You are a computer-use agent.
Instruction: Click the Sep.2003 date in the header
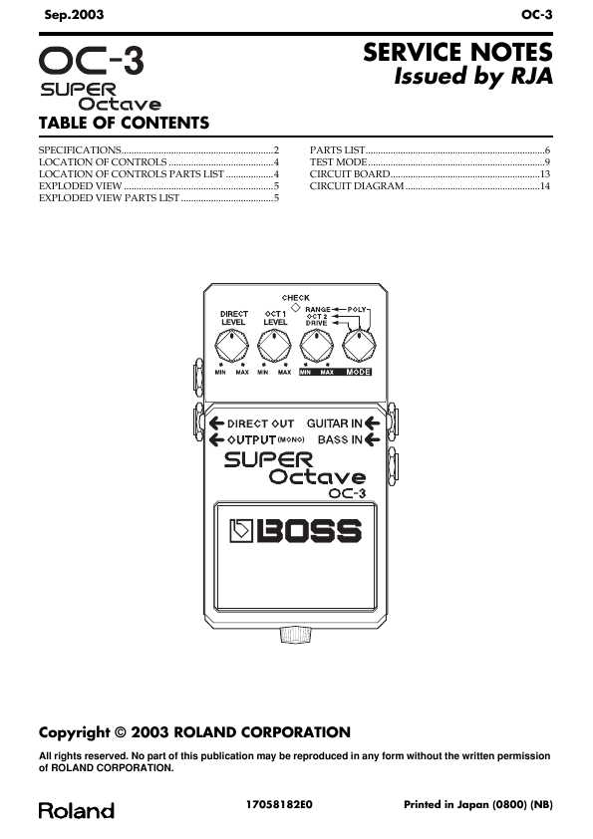pyautogui.click(x=74, y=14)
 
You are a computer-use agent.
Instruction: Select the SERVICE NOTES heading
pyautogui.click(x=457, y=53)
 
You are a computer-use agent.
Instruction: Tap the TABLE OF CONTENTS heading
pyautogui.click(x=124, y=124)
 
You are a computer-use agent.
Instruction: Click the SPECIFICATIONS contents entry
pyautogui.click(x=80, y=150)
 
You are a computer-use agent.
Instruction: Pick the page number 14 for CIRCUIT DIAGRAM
pyautogui.click(x=545, y=186)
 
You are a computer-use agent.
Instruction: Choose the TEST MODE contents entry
pyautogui.click(x=338, y=162)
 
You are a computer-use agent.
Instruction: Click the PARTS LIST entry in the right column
pyautogui.click(x=337, y=150)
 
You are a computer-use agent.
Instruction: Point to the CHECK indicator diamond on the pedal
pyautogui.click(x=295, y=307)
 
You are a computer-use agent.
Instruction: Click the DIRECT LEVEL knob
pyautogui.click(x=232, y=346)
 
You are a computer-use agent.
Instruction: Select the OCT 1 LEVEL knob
pyautogui.click(x=274, y=346)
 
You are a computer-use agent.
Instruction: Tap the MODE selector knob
pyautogui.click(x=359, y=346)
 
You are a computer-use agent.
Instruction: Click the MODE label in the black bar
pyautogui.click(x=359, y=372)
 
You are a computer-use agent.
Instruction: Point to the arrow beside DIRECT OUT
pyautogui.click(x=216, y=423)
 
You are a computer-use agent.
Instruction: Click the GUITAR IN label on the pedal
pyautogui.click(x=335, y=423)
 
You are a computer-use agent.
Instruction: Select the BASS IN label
pyautogui.click(x=340, y=439)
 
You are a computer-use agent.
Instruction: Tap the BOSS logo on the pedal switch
pyautogui.click(x=295, y=531)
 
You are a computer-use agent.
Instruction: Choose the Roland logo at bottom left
pyautogui.click(x=77, y=810)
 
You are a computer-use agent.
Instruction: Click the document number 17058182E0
pyautogui.click(x=279, y=804)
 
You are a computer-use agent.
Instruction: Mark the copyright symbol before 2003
pyautogui.click(x=121, y=732)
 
